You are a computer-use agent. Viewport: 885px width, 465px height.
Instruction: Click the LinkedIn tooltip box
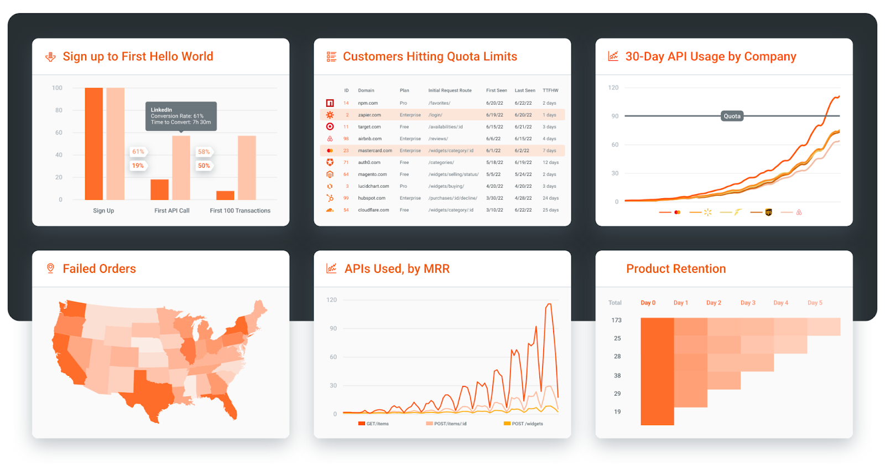[181, 116]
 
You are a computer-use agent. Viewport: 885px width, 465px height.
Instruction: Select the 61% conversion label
[138, 152]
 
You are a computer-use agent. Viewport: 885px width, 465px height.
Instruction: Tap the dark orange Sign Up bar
[93, 144]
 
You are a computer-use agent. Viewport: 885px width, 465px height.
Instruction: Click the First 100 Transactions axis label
[240, 211]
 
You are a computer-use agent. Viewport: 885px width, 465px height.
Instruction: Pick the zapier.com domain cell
[369, 115]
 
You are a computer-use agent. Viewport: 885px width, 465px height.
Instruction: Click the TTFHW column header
[550, 90]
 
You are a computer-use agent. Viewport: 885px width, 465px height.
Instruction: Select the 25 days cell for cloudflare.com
[550, 210]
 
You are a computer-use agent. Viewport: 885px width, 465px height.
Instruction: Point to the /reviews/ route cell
[438, 139]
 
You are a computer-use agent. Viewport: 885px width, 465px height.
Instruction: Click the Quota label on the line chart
[732, 116]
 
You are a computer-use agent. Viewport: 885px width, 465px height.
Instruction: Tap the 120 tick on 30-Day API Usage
[613, 88]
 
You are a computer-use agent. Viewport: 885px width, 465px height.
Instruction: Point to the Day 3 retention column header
[747, 303]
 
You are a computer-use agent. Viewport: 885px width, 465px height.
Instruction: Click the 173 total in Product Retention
[616, 321]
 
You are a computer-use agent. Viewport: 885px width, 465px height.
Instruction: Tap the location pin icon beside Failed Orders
[50, 268]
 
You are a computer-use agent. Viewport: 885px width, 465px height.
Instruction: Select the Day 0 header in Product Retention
[648, 303]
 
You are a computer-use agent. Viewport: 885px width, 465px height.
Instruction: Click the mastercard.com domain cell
[374, 151]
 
